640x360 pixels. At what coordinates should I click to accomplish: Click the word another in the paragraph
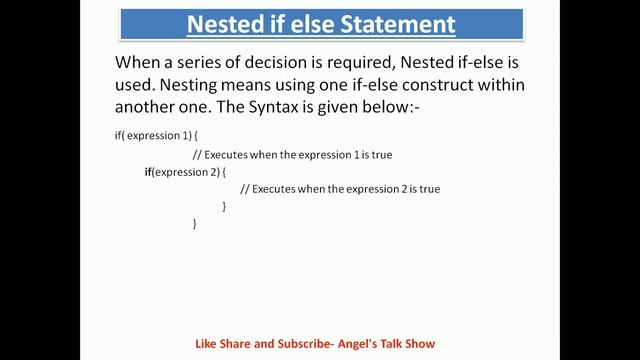pos(150,109)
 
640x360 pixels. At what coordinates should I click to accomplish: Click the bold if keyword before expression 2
pos(148,172)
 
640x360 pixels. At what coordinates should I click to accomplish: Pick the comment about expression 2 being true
pos(340,189)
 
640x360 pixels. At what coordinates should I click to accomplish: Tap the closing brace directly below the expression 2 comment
pos(224,206)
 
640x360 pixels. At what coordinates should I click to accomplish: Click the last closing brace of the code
pos(194,224)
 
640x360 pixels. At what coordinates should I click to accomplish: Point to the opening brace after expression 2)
pos(224,172)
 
